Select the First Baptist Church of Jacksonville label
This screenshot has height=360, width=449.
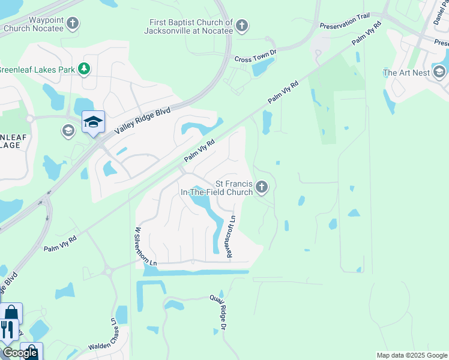191,26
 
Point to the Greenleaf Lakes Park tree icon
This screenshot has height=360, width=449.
85,70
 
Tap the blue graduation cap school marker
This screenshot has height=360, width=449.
93,122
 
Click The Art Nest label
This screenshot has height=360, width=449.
406,73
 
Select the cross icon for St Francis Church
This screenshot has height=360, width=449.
261,188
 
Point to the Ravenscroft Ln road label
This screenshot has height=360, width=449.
231,237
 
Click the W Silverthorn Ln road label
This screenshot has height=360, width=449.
137,246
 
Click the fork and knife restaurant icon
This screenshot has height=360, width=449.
7,329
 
